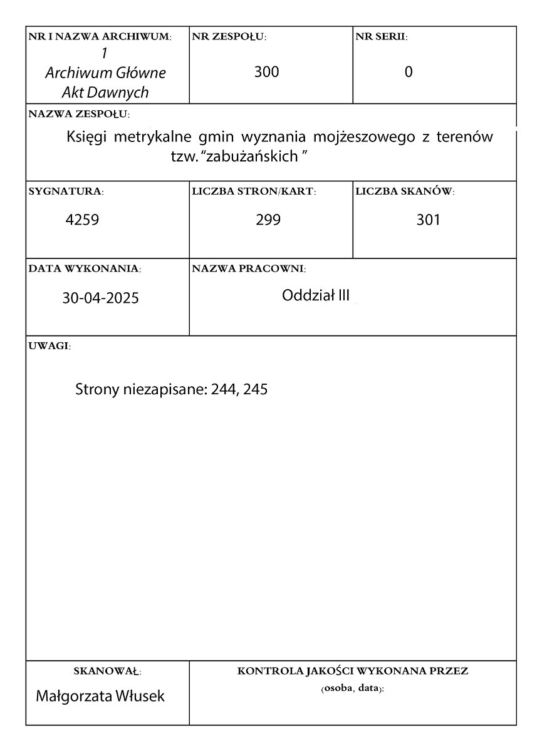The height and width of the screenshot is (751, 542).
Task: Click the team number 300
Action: click(267, 72)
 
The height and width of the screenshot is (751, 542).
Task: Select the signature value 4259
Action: click(83, 220)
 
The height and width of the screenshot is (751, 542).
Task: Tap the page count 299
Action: click(268, 220)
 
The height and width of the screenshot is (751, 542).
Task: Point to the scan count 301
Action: click(429, 220)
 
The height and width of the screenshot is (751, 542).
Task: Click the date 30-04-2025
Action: click(100, 298)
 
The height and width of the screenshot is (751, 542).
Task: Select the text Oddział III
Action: click(316, 295)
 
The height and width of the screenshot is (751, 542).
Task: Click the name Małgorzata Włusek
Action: click(101, 695)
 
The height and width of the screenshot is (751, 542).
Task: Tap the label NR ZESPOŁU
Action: click(229, 37)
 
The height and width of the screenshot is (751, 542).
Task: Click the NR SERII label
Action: click(382, 37)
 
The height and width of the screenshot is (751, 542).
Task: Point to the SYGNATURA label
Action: click(66, 191)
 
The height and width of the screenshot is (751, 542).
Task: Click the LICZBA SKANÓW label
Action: click(405, 191)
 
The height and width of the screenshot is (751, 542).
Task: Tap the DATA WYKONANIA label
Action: click(85, 268)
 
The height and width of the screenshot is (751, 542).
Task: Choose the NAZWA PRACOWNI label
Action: click(249, 268)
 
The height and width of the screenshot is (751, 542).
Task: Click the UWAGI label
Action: click(50, 346)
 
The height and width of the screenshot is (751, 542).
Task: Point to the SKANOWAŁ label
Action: click(107, 672)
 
